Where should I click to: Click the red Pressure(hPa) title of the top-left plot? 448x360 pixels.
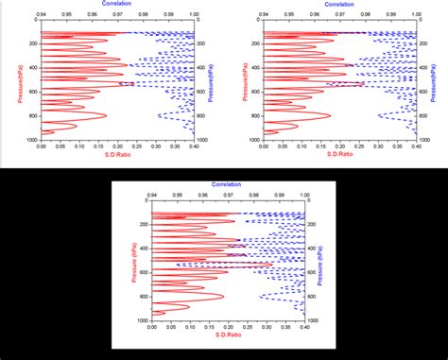pos(20,81)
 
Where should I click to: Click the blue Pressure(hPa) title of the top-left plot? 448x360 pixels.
pos(208,81)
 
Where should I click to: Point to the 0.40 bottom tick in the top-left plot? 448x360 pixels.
pos(194,145)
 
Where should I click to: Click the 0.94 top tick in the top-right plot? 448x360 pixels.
pos(263,15)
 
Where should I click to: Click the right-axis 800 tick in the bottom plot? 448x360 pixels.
pos(313,296)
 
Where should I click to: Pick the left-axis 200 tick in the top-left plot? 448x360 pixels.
pos(31,44)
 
